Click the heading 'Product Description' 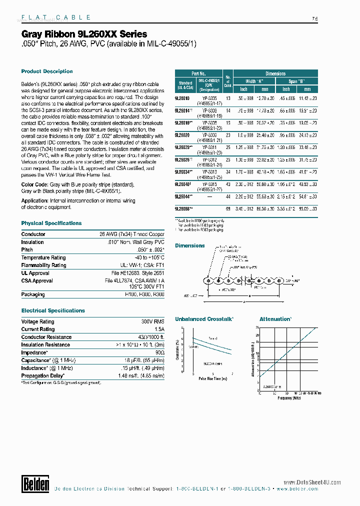coord(47,71)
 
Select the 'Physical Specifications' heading coord(51,223)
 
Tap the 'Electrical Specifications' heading coord(53,310)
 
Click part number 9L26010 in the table coord(182,98)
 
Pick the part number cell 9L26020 coord(182,135)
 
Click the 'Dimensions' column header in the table coord(275,73)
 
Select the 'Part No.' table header coord(198,73)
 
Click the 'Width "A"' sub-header coord(254,81)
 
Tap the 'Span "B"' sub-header coord(296,81)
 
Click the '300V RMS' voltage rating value coord(153,321)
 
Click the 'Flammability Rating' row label coord(43,265)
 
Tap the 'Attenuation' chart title coord(275,319)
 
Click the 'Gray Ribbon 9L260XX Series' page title coord(84,34)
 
